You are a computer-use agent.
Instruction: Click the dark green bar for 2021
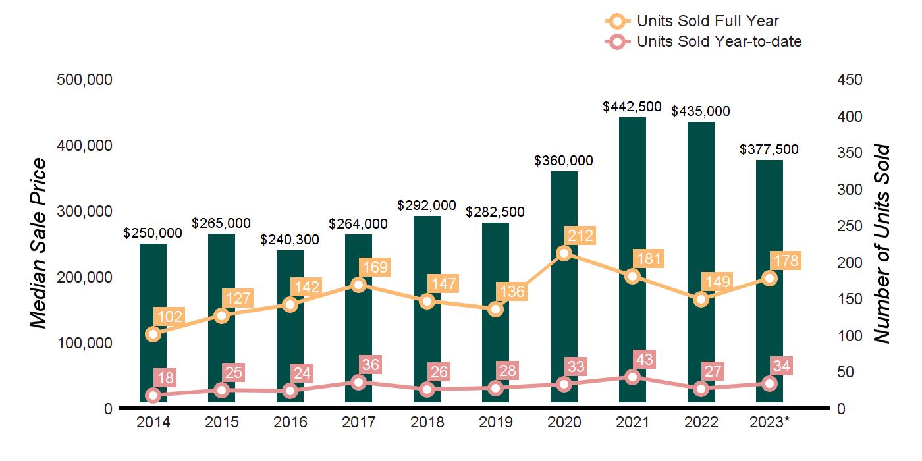click(x=632, y=198)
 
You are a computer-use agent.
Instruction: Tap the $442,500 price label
click(x=632, y=106)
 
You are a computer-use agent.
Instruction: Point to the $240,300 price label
click(x=290, y=240)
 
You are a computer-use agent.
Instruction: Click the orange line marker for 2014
click(x=153, y=334)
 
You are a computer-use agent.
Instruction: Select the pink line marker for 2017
click(x=358, y=382)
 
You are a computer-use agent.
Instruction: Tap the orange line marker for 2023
click(x=769, y=278)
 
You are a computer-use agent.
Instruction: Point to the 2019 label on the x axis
click(x=495, y=422)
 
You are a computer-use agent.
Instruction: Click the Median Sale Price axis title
click(x=40, y=244)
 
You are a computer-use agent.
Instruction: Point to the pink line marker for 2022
click(x=701, y=389)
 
